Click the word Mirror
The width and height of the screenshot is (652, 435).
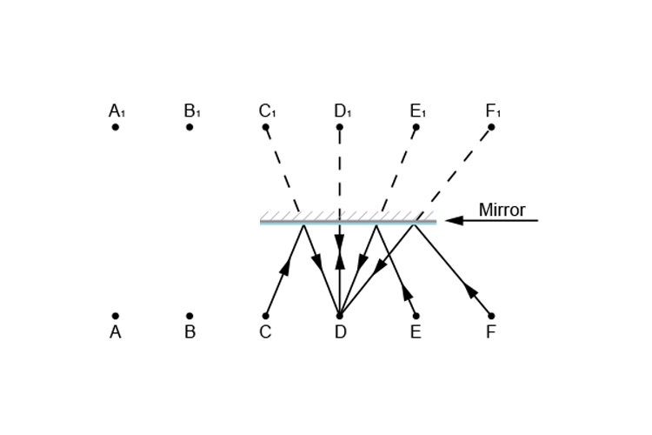tap(502, 210)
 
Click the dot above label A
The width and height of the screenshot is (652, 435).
tap(115, 316)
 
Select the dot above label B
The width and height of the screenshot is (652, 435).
tap(190, 316)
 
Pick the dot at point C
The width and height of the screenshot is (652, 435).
tap(265, 316)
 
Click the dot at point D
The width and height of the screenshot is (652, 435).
tap(339, 316)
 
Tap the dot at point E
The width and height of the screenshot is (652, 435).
tap(416, 316)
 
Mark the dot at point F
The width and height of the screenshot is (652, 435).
tap(491, 316)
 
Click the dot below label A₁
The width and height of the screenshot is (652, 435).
tap(115, 127)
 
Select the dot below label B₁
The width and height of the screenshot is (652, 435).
tap(190, 127)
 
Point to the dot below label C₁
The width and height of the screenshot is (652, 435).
tap(265, 127)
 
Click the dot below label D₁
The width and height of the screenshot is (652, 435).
tap(339, 127)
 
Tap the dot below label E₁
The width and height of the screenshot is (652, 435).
tap(416, 127)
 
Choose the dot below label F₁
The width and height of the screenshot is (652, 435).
tap(491, 127)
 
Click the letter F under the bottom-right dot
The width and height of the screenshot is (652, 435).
tap(491, 332)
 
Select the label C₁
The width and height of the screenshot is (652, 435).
tap(267, 111)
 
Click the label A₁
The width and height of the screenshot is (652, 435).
tap(116, 111)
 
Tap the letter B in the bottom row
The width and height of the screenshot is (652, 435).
tap(190, 332)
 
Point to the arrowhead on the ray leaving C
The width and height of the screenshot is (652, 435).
tap(284, 266)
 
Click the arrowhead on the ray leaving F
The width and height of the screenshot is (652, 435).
tap(470, 289)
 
